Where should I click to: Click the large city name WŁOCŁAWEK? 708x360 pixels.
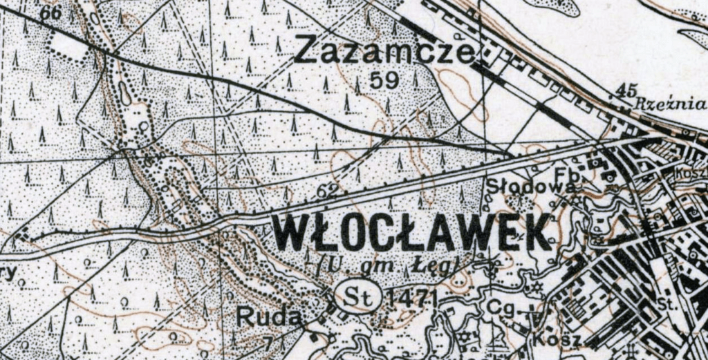click(x=413, y=233)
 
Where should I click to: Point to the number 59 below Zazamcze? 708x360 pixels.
click(x=384, y=81)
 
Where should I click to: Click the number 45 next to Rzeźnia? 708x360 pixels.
click(x=624, y=91)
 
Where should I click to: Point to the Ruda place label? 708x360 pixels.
click(x=269, y=317)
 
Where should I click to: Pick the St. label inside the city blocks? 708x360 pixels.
click(x=667, y=304)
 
